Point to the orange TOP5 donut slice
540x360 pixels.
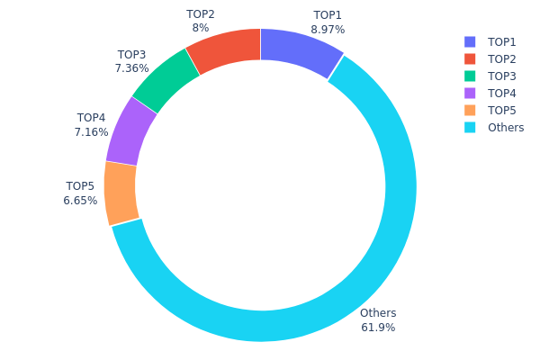coord(121,193)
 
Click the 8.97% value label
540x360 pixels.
coord(328,30)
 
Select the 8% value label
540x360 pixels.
coord(201,28)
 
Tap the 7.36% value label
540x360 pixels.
coord(131,68)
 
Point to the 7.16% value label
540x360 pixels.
coord(91,132)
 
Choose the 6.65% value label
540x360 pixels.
coord(80,201)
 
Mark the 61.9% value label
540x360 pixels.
coord(378,328)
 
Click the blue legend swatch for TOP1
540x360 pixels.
coord(470,42)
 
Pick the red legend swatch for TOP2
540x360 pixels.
coord(470,59)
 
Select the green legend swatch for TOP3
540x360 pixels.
coord(470,76)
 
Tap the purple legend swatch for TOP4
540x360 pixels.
coord(470,94)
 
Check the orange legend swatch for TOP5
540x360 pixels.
coord(470,111)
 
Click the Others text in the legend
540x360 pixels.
coord(506,128)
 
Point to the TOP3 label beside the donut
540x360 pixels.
coord(131,55)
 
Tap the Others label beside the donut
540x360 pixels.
coord(378,313)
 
